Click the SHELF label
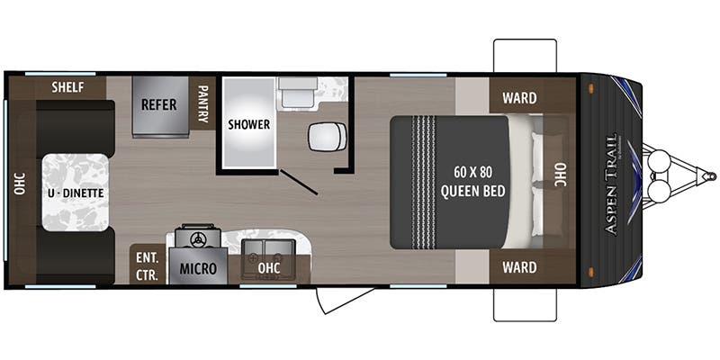tap(67, 87)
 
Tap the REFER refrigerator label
tap(158, 103)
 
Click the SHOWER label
tap(248, 124)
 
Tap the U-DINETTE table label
tap(76, 193)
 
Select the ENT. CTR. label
tap(146, 263)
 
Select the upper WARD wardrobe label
tap(519, 98)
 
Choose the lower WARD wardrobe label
tap(519, 267)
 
